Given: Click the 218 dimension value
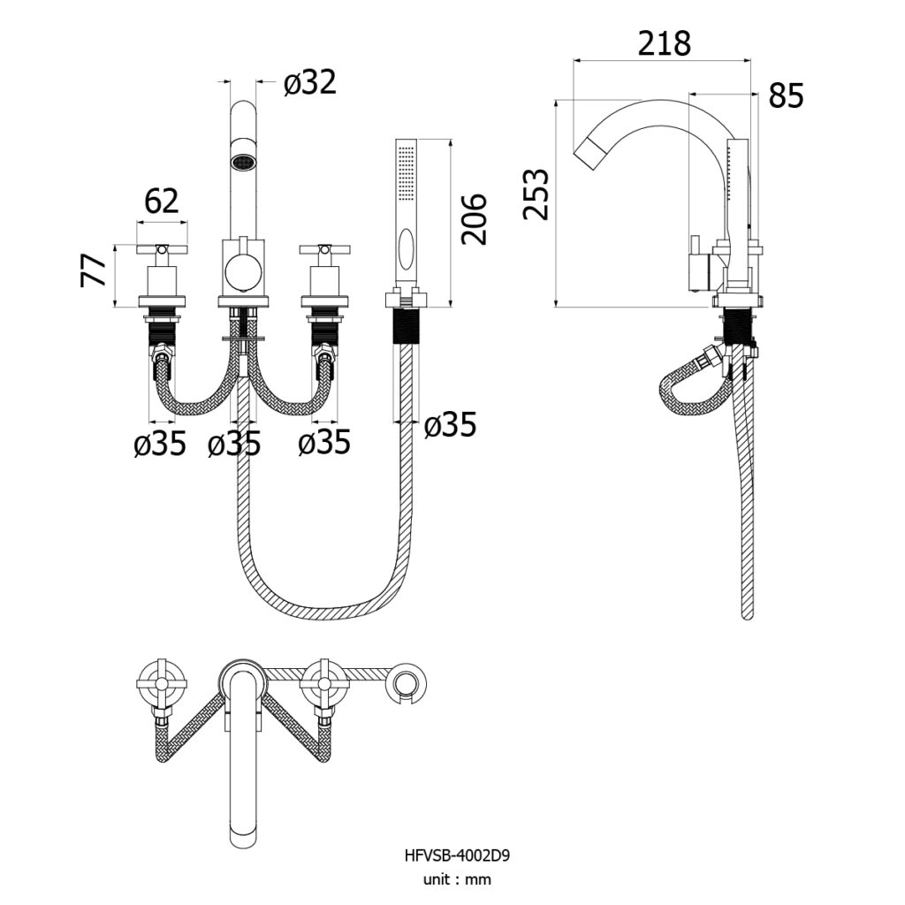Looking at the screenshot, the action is pos(664,44).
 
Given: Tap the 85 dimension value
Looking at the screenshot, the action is pos(786,95).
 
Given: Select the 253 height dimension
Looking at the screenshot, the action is pos(536,194).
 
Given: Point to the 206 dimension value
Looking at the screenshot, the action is pos(475,219).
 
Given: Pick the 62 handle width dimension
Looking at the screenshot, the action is pos(162,202).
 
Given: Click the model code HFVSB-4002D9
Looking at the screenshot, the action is pos(457,856).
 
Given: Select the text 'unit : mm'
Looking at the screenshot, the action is pos(457,879).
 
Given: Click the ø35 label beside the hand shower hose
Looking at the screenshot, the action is pos(450,425).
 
